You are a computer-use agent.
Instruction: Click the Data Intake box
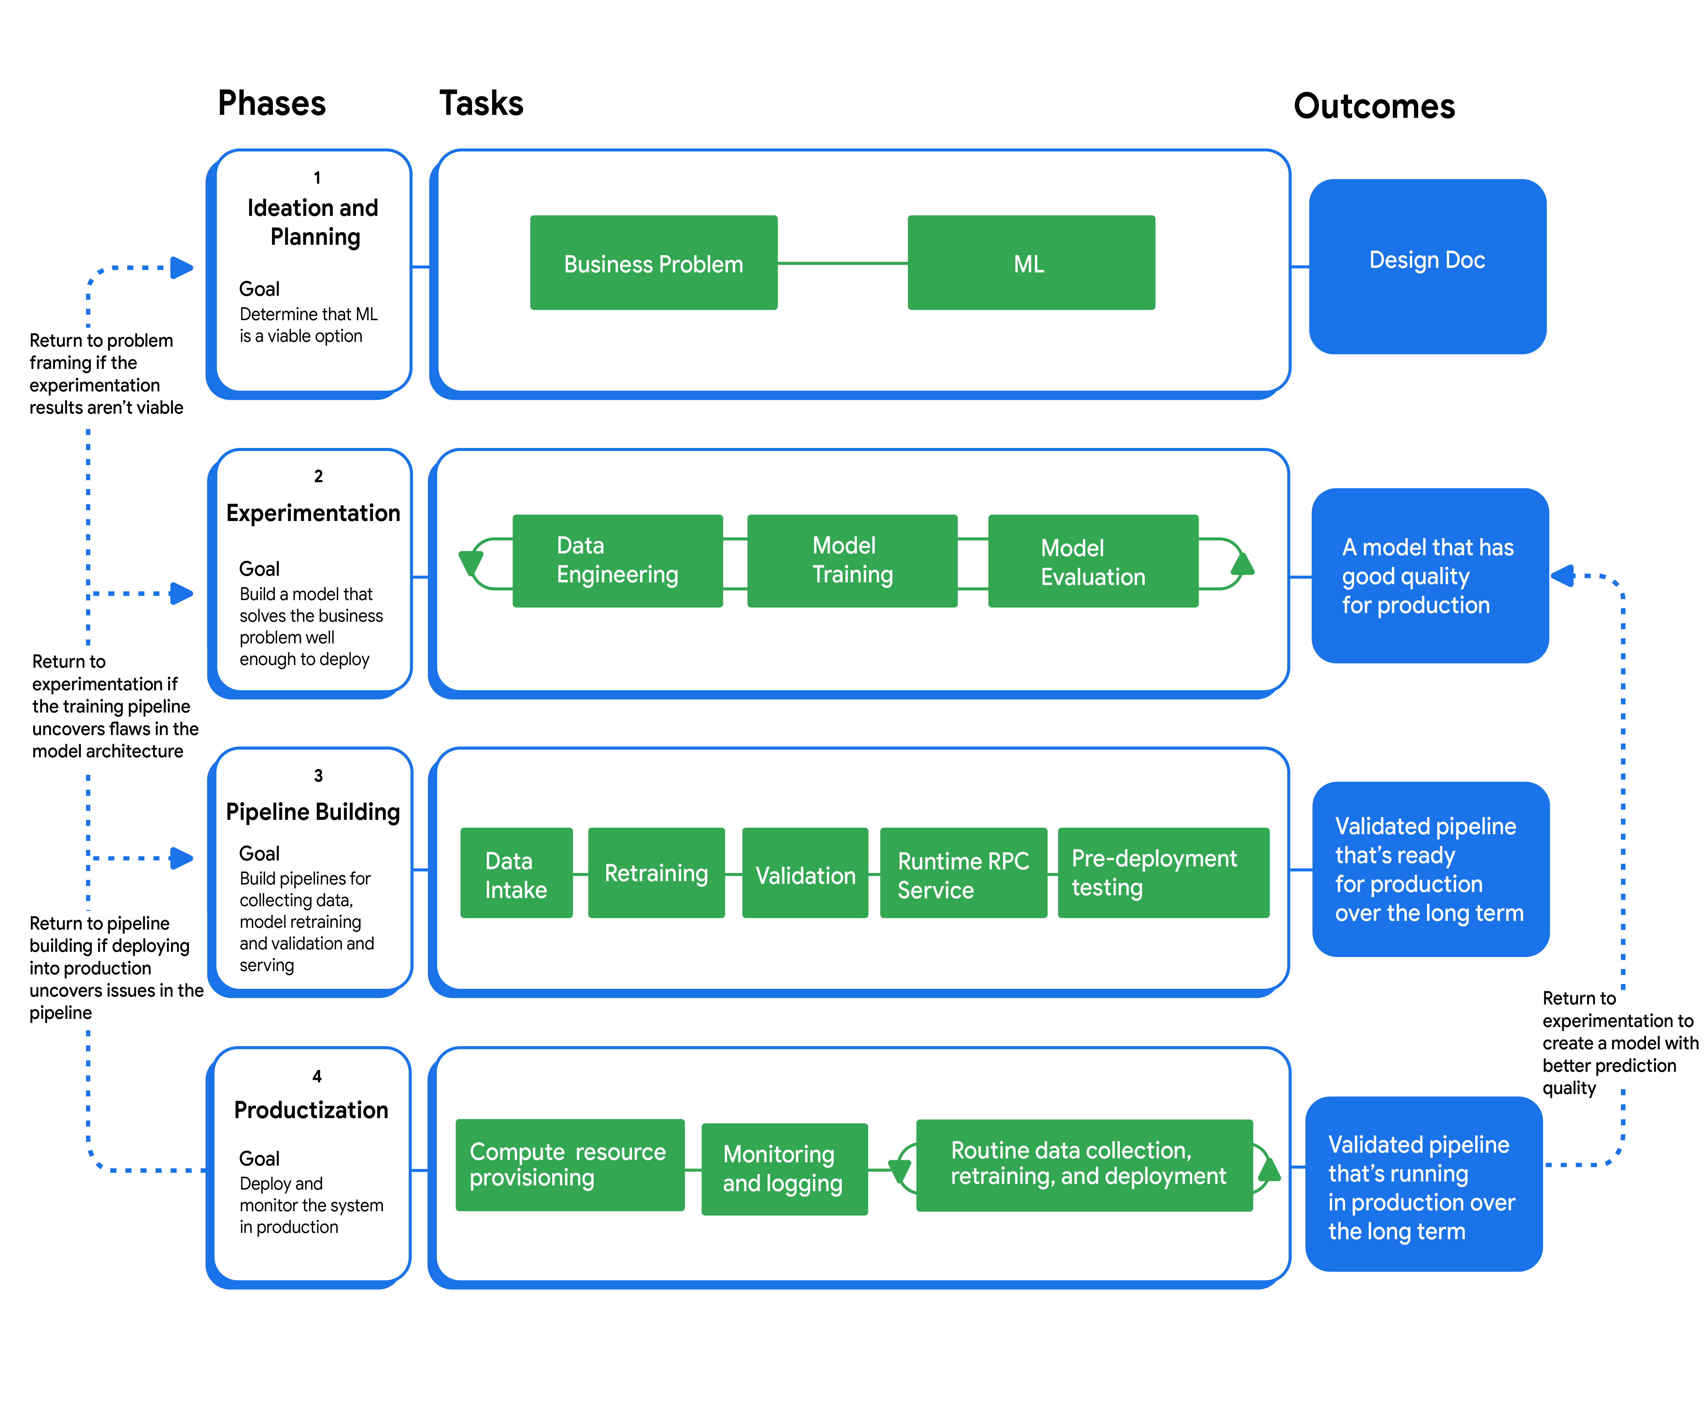point(516,873)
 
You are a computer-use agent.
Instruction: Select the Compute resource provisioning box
point(569,1165)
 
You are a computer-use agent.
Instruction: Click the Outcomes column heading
point(1374,106)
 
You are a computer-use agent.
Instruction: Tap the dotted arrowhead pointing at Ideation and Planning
point(182,268)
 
